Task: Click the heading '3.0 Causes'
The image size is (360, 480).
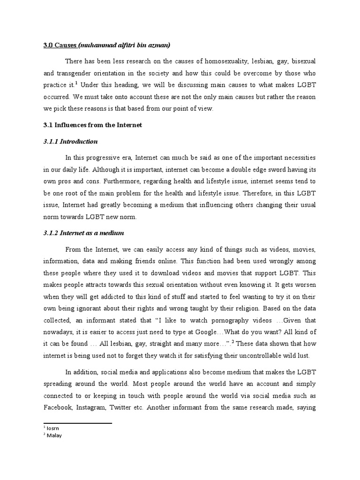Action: pyautogui.click(x=57, y=45)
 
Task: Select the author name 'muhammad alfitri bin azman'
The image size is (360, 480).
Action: pyautogui.click(x=125, y=45)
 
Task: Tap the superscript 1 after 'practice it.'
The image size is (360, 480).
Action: pyautogui.click(x=77, y=83)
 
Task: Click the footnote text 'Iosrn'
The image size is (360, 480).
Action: pyautogui.click(x=52, y=428)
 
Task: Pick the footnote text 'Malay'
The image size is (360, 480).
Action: pyautogui.click(x=53, y=435)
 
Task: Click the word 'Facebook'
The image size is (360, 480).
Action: pyautogui.click(x=56, y=407)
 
